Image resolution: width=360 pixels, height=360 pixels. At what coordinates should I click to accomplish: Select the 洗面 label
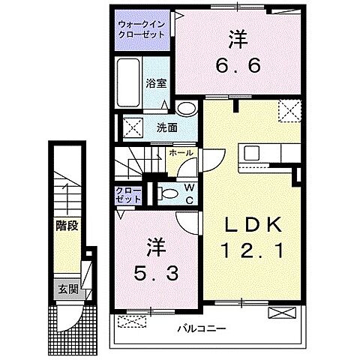coord(166,128)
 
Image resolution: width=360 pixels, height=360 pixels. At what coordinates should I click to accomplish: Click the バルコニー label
coord(202,328)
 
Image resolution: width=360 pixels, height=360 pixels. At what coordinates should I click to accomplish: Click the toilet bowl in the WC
coord(169,193)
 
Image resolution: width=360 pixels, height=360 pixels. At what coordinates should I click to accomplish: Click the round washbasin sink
coord(189,109)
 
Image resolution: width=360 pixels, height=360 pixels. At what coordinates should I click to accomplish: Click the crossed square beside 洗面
coord(132,127)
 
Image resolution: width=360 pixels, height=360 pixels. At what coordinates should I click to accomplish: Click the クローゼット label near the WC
coord(124,196)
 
